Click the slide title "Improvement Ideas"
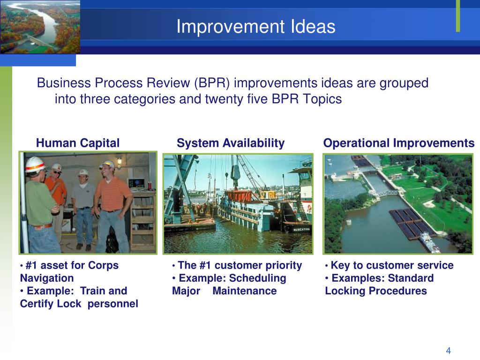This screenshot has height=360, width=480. (x=255, y=26)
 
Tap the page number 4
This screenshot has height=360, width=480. (x=449, y=351)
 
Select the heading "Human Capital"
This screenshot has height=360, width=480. (x=78, y=143)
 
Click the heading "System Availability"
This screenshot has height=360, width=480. (x=231, y=143)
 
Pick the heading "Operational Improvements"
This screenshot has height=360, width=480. (x=399, y=143)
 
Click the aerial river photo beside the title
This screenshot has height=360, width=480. (x=40, y=27)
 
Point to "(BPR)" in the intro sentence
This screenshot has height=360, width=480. (x=212, y=83)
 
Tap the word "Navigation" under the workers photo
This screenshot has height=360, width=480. (x=47, y=278)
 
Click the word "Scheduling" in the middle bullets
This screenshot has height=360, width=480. (x=257, y=278)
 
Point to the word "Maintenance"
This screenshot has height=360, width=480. (x=245, y=291)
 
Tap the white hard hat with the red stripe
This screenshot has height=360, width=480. (x=35, y=165)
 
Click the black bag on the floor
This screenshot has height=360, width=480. (x=112, y=243)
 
